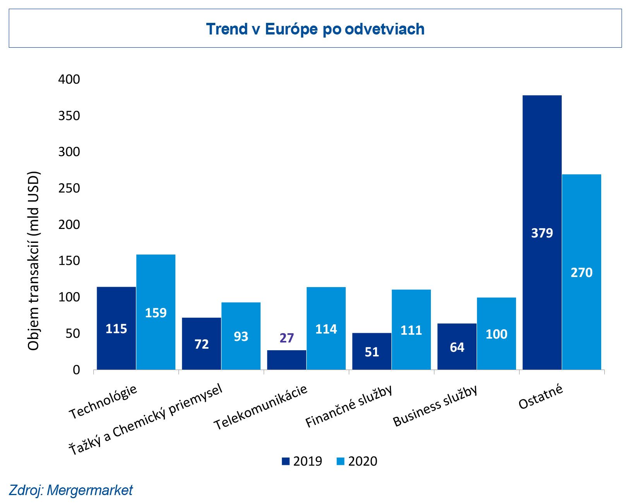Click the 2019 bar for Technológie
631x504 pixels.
116,328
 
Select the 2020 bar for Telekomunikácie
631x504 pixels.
326,328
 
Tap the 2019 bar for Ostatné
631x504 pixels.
542,232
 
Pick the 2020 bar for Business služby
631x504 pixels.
496,334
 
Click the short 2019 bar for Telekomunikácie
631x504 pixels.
286,360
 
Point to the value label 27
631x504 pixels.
286,338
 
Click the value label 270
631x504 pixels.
581,273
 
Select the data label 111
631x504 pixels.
411,330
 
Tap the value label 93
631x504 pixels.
241,337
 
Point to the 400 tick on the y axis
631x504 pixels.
69,79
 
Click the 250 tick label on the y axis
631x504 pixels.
69,188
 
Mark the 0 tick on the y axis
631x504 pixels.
76,370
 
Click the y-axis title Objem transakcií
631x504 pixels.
34,260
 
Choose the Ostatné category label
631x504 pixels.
541,397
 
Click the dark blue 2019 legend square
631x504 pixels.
286,461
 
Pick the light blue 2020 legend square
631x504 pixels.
341,461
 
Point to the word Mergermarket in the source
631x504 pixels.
89,490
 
